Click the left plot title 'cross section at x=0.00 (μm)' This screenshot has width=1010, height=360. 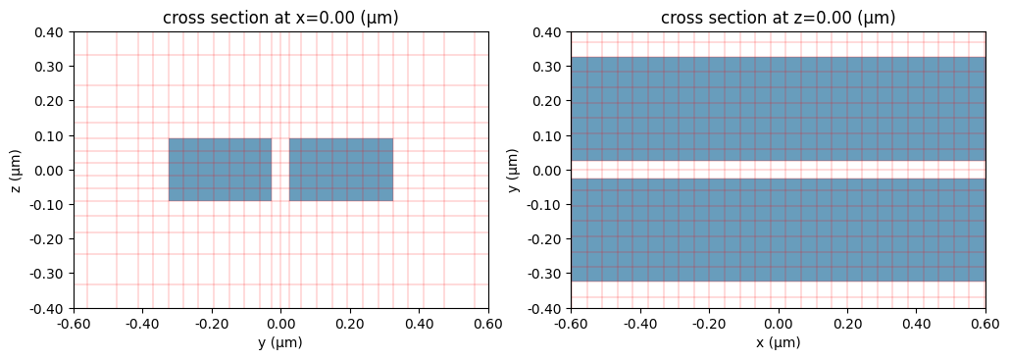pyautogui.click(x=280, y=18)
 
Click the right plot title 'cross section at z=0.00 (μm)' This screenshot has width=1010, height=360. pyautogui.click(x=778, y=18)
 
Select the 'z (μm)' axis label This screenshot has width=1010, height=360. pyautogui.click(x=18, y=170)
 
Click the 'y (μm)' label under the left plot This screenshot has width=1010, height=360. pyautogui.click(x=280, y=342)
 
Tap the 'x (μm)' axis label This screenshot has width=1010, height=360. pyautogui.click(x=778, y=342)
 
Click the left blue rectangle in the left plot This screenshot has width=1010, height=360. pyautogui.click(x=220, y=170)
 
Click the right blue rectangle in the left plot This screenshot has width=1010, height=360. pyautogui.click(x=340, y=170)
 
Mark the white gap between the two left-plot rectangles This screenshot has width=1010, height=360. pyautogui.click(x=280, y=170)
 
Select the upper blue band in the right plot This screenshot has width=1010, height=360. pyautogui.click(x=778, y=108)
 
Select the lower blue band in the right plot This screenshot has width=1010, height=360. pyautogui.click(x=778, y=231)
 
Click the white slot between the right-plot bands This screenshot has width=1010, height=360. pyautogui.click(x=778, y=170)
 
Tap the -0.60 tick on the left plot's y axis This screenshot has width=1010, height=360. pyautogui.click(x=74, y=321)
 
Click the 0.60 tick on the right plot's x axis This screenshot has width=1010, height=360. pyautogui.click(x=985, y=321)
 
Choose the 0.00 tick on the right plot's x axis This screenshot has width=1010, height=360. pyautogui.click(x=778, y=321)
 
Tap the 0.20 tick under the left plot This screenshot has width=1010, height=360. pyautogui.click(x=350, y=321)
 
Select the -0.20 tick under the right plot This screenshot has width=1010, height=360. pyautogui.click(x=707, y=321)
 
